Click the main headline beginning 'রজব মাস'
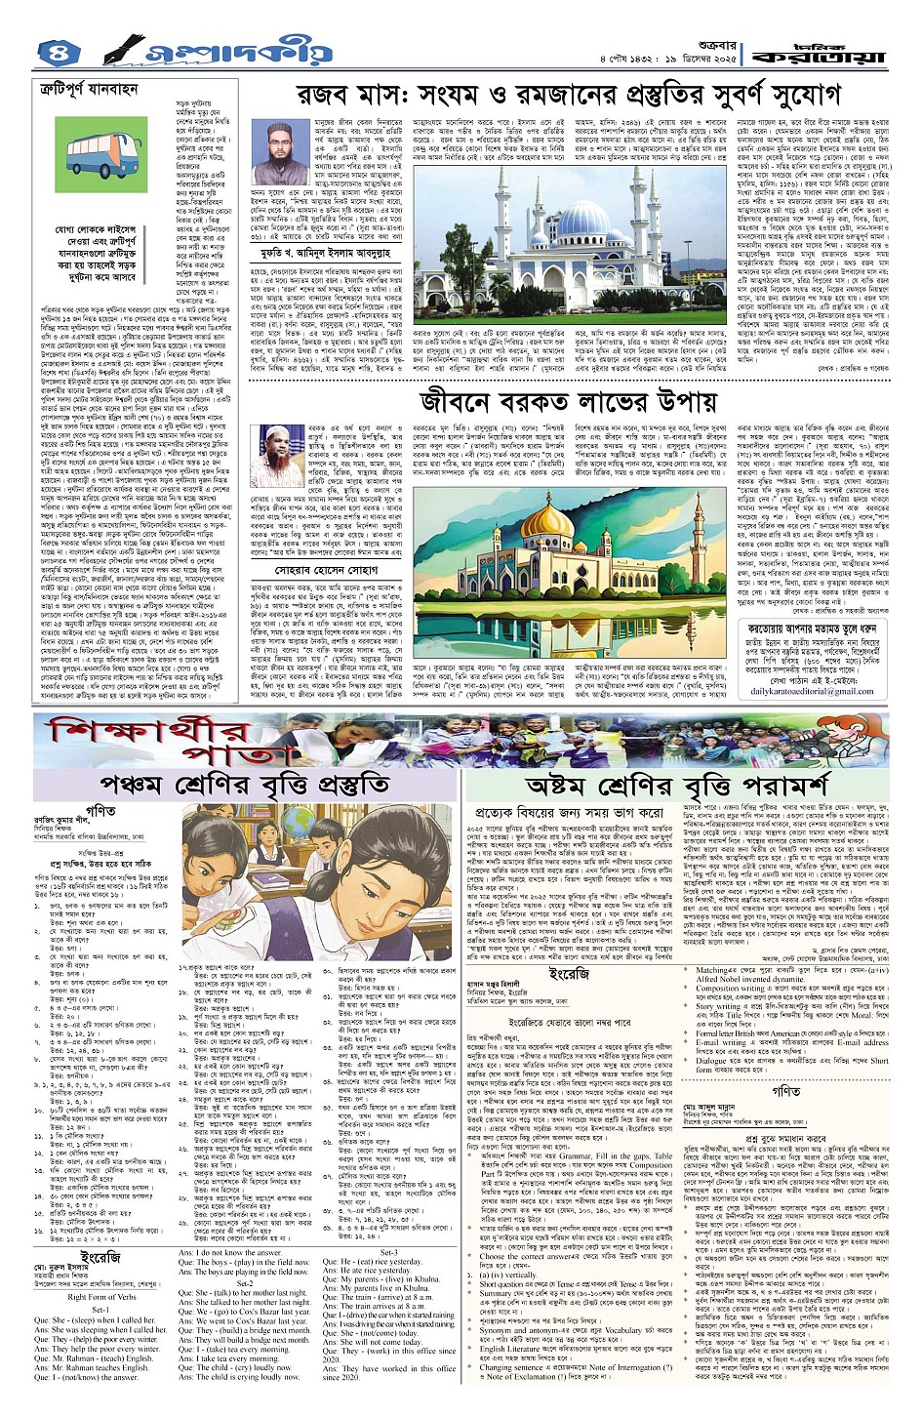pyautogui.click(x=544, y=95)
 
